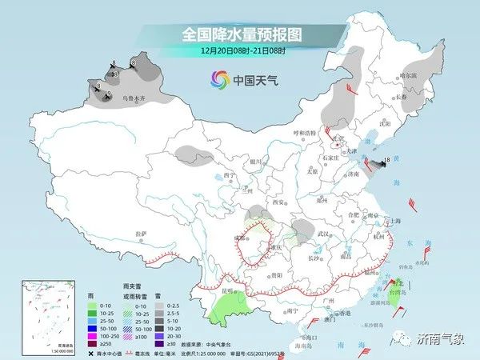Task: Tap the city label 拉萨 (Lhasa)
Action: [x=142, y=233]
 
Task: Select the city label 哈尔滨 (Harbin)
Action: [x=409, y=75]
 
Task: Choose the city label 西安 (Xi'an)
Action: [x=279, y=203]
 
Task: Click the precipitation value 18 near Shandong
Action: [x=387, y=161]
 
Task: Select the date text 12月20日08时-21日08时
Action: [x=239, y=50]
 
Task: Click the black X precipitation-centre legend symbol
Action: [x=90, y=352]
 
